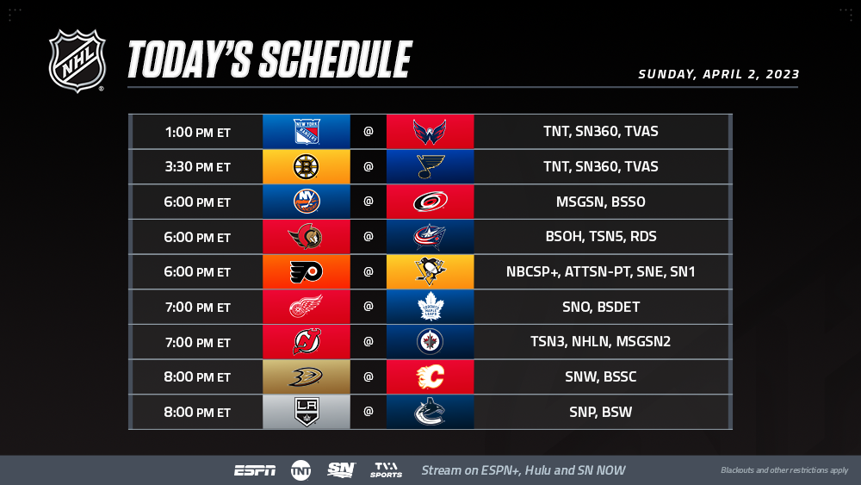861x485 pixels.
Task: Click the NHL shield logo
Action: (x=77, y=61)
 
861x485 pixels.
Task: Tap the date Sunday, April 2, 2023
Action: (x=718, y=74)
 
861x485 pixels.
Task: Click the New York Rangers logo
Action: (x=307, y=131)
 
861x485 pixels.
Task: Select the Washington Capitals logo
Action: (x=430, y=132)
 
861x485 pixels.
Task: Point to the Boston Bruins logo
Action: (x=307, y=166)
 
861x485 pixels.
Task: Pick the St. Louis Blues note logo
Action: (x=430, y=166)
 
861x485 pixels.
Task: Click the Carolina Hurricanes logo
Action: (x=430, y=202)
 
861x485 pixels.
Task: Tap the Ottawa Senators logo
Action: (x=306, y=237)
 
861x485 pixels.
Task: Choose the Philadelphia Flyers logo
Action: (x=306, y=272)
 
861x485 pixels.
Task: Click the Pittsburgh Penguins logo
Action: (x=430, y=271)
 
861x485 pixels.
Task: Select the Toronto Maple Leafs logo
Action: (x=430, y=307)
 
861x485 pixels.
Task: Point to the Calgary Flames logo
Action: (x=430, y=376)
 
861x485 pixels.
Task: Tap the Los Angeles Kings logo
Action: (x=307, y=412)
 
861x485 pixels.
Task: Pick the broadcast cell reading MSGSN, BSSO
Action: (x=601, y=202)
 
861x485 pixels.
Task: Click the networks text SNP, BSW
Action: (x=601, y=412)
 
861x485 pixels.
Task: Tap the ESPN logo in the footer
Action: (x=255, y=470)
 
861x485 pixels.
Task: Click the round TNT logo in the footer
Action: (x=300, y=470)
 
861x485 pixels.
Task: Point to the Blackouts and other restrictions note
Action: (x=784, y=470)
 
